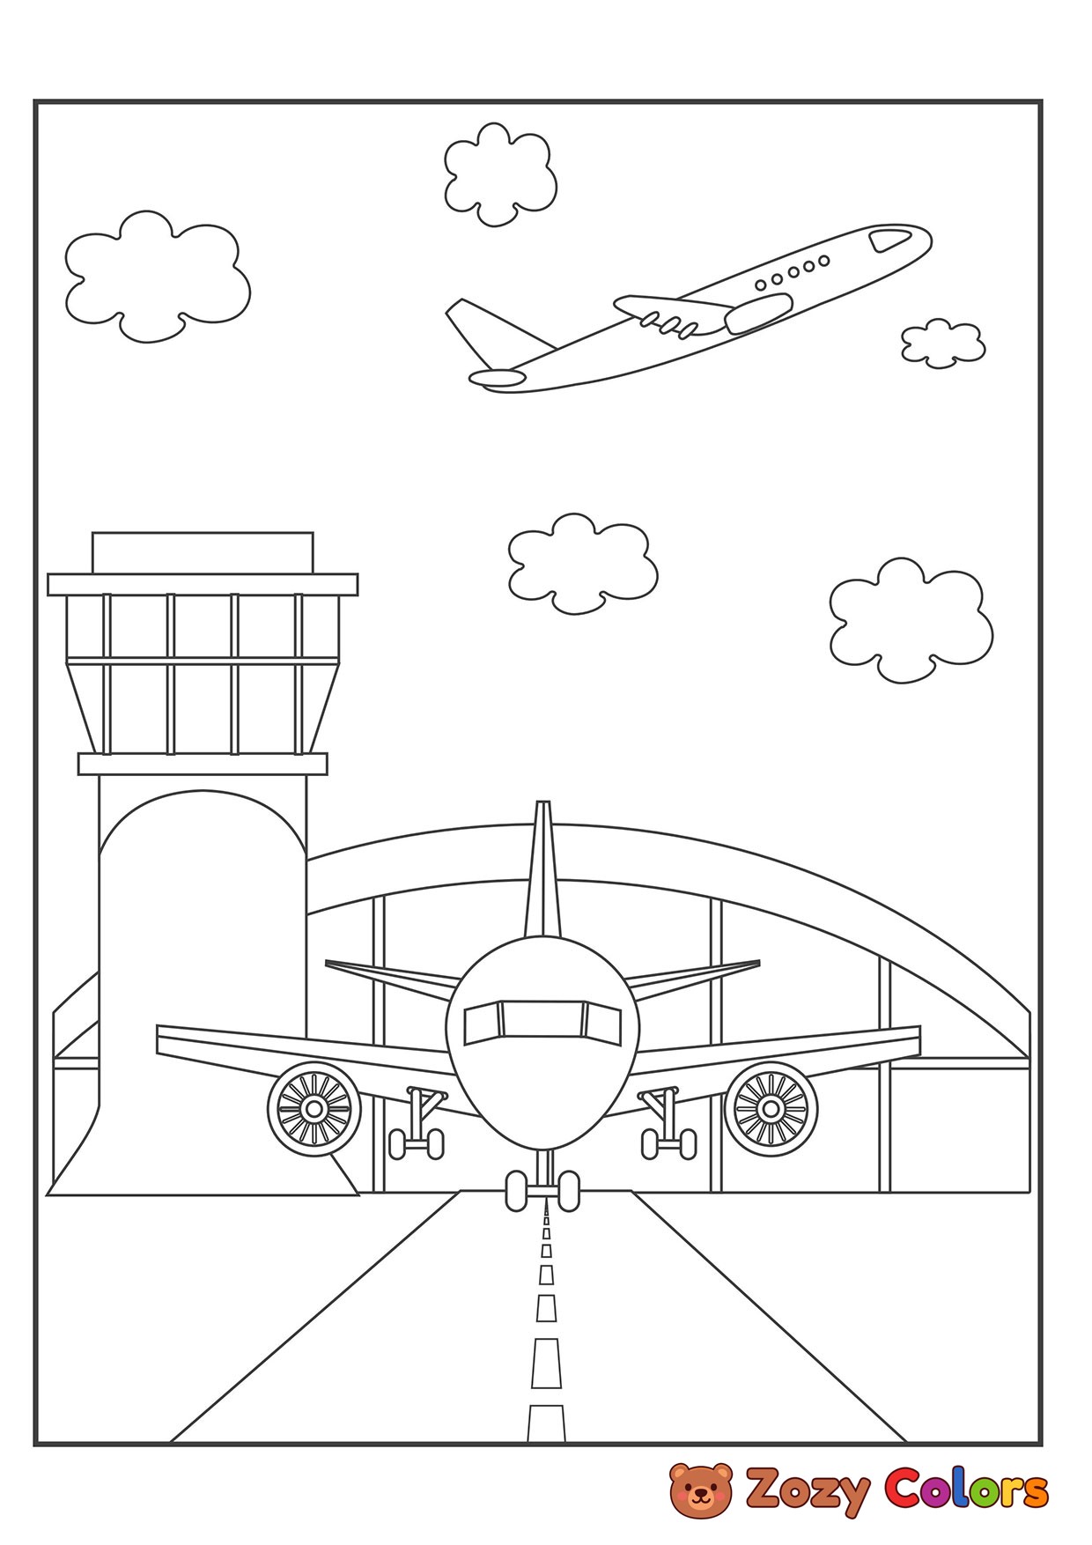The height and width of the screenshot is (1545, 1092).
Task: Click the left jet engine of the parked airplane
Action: click(314, 1106)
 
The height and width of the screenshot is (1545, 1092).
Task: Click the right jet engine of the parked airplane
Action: click(771, 1106)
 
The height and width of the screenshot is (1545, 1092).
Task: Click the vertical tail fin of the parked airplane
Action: click(542, 872)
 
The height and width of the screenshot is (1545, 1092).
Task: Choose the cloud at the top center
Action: click(499, 174)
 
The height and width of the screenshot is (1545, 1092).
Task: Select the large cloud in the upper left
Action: click(157, 274)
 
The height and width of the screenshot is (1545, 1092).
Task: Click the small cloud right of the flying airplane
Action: click(941, 343)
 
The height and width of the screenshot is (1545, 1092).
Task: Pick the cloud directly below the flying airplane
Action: click(583, 561)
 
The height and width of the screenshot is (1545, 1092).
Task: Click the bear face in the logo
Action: click(701, 1490)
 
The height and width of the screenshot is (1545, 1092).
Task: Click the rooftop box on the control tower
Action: click(203, 552)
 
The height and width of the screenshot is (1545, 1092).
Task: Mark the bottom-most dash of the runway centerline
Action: click(545, 1422)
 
